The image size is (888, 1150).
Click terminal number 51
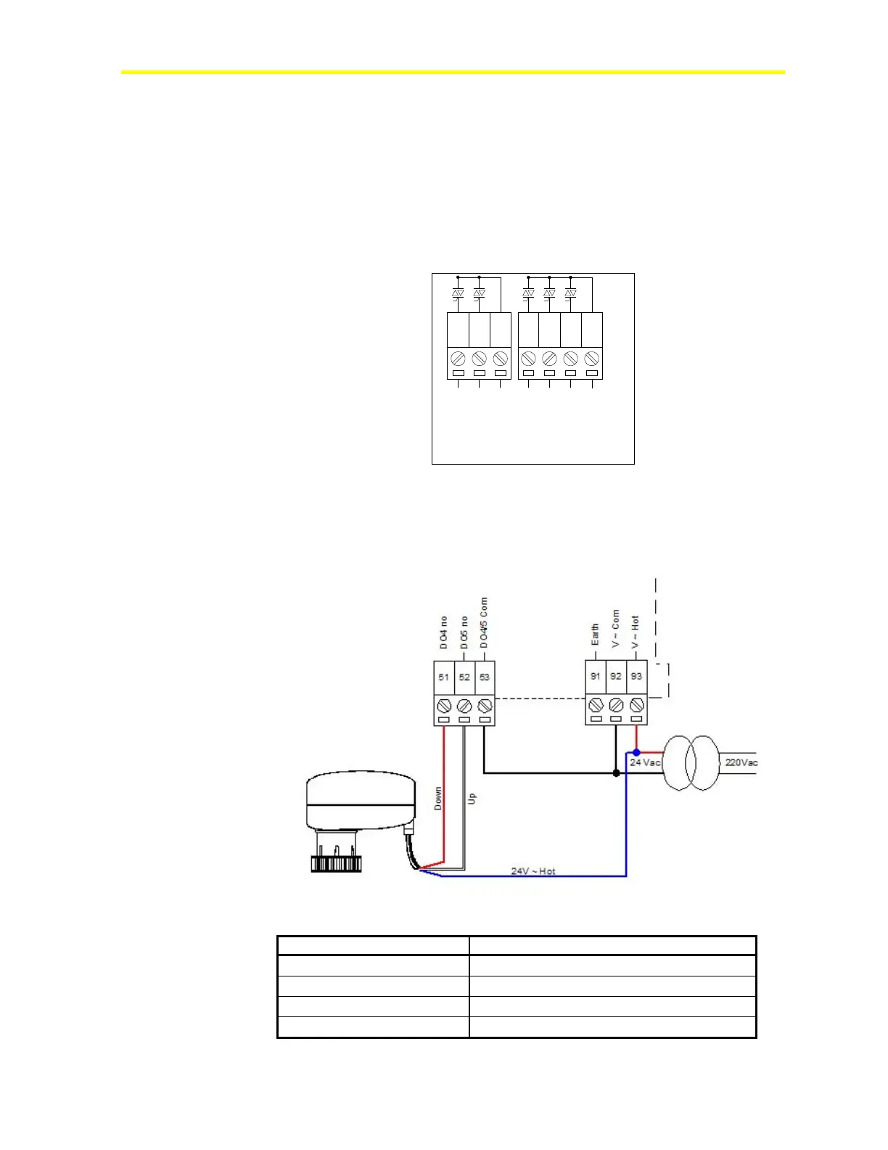click(443, 677)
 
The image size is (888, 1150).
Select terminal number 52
click(464, 677)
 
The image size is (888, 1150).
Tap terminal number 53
click(485, 677)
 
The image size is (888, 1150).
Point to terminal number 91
click(595, 676)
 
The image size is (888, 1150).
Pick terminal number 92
click(616, 676)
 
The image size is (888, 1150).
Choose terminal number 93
click(636, 676)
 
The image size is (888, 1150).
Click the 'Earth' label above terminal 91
click(595, 634)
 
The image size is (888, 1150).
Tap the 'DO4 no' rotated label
click(443, 632)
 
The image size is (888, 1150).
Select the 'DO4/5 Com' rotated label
click(484, 623)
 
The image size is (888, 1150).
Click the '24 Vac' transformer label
click(645, 762)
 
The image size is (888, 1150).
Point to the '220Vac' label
click(741, 762)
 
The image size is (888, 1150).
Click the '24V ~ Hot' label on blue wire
click(533, 871)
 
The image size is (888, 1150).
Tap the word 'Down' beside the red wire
click(437, 799)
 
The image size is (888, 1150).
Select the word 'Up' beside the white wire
click(472, 798)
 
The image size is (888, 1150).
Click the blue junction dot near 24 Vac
click(636, 752)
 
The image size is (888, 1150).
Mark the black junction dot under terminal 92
click(616, 773)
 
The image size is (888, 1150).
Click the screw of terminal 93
click(637, 705)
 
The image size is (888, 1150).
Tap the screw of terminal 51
click(444, 706)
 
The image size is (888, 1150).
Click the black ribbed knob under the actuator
click(336, 864)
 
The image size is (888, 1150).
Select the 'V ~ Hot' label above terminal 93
click(636, 632)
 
